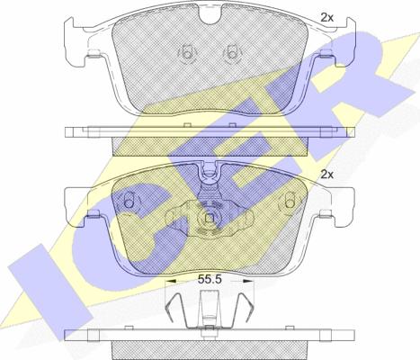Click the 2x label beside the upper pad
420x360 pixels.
(326, 18)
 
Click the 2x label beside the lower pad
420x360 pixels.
(326, 175)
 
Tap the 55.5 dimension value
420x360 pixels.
(210, 280)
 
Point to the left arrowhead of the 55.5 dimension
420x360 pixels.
(171, 281)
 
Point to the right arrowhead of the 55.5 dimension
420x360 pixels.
(248, 281)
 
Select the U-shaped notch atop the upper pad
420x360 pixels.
(211, 16)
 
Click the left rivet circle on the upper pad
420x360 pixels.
(187, 54)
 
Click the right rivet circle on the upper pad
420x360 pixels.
(232, 54)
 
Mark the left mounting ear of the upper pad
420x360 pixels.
(75, 42)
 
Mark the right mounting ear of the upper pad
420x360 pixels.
(344, 42)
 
